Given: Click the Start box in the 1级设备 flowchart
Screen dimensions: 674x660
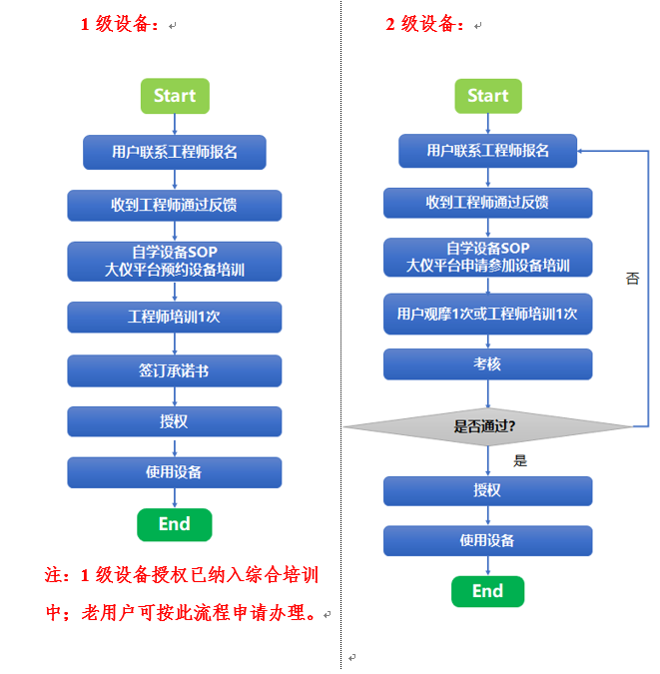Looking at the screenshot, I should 175,96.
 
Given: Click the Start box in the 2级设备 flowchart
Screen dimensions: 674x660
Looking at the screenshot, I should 487,96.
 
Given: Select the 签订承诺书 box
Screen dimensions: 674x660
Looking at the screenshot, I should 174,370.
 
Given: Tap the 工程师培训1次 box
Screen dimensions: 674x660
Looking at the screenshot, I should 174,317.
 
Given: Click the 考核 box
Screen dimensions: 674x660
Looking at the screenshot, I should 487,364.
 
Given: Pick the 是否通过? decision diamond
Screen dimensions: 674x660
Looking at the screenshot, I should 487,426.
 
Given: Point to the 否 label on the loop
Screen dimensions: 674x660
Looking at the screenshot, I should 632,279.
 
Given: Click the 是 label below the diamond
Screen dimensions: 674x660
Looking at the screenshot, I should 519,461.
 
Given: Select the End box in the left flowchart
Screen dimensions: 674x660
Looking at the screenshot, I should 174,524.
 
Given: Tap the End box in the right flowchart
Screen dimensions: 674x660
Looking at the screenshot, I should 487,591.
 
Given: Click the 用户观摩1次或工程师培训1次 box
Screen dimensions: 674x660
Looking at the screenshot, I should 487,314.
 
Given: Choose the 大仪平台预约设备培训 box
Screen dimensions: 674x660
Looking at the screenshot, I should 174,261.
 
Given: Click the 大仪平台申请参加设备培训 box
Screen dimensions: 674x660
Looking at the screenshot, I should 487,258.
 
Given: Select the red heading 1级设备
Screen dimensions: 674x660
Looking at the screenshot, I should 120,25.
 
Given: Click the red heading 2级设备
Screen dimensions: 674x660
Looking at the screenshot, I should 425,25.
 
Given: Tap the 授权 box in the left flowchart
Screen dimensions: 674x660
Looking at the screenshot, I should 174,421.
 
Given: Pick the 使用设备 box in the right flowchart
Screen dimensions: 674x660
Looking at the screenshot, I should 487,540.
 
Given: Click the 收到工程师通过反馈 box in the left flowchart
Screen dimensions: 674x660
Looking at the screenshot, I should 174,206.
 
